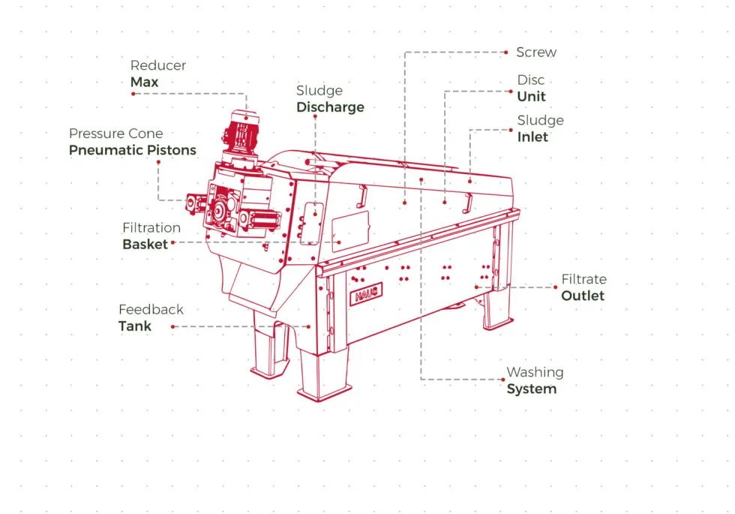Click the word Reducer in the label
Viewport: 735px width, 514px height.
coord(157,65)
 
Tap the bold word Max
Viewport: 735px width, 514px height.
coord(144,82)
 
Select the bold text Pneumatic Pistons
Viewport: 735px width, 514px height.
coord(132,150)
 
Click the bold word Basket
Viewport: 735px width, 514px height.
coord(145,244)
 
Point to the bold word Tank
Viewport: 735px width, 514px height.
coord(134,326)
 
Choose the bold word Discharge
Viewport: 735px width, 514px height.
coord(330,107)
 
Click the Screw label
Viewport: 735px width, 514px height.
coord(536,53)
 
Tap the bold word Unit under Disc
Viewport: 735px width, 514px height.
coord(531,97)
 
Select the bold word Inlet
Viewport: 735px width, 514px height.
coord(532,137)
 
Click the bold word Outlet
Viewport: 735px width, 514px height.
coord(583,296)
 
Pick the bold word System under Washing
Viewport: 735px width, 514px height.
coord(531,389)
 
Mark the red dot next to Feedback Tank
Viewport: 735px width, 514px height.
coord(173,326)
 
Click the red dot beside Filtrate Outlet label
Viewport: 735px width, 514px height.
coord(554,287)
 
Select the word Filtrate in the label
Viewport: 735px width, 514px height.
coord(583,279)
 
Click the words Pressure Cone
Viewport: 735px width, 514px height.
coord(115,134)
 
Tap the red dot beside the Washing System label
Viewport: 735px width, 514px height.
coord(499,380)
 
